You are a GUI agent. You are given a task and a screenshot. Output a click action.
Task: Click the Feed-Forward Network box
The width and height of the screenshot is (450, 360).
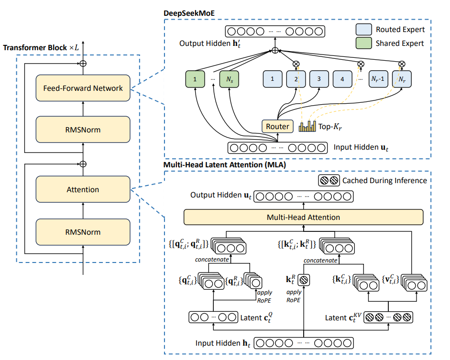(x=83, y=88)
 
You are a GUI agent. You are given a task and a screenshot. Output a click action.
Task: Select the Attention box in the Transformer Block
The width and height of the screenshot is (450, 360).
(x=83, y=190)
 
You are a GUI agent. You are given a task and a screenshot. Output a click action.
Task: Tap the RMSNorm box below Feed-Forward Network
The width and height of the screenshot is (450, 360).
(x=83, y=129)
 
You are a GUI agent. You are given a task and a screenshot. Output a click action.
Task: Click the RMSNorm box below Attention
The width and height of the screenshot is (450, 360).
(x=83, y=232)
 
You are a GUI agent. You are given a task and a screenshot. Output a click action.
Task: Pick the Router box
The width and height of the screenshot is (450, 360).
(x=277, y=126)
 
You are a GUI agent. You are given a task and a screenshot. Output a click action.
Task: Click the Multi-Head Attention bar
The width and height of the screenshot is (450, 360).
(x=304, y=217)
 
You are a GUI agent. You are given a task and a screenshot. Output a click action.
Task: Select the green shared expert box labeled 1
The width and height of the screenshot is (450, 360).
(x=196, y=79)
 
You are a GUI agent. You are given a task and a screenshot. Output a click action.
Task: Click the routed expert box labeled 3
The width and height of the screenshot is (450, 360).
(x=319, y=79)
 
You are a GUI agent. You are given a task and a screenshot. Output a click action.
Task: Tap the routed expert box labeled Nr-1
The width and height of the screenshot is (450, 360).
(x=378, y=79)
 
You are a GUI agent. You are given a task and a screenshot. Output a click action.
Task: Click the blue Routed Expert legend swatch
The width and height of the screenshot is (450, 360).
(x=364, y=30)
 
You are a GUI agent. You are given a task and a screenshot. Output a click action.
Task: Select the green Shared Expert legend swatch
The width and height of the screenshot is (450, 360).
(x=364, y=44)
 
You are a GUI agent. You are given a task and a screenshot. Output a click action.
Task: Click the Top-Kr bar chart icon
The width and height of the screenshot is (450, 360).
(x=307, y=126)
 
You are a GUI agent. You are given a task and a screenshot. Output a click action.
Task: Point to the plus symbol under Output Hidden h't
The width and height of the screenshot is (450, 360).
(x=275, y=50)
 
